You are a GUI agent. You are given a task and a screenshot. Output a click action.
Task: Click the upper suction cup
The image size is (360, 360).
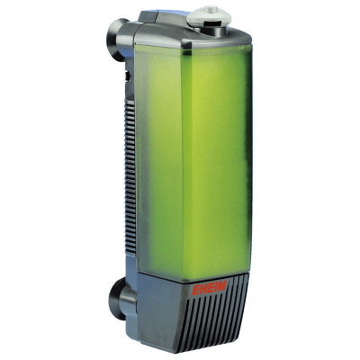pyautogui.click(x=116, y=39)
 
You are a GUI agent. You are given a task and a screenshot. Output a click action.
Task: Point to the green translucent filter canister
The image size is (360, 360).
pyautogui.click(x=192, y=162)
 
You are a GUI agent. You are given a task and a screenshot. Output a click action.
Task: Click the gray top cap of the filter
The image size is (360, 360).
pyautogui.click(x=192, y=33)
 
